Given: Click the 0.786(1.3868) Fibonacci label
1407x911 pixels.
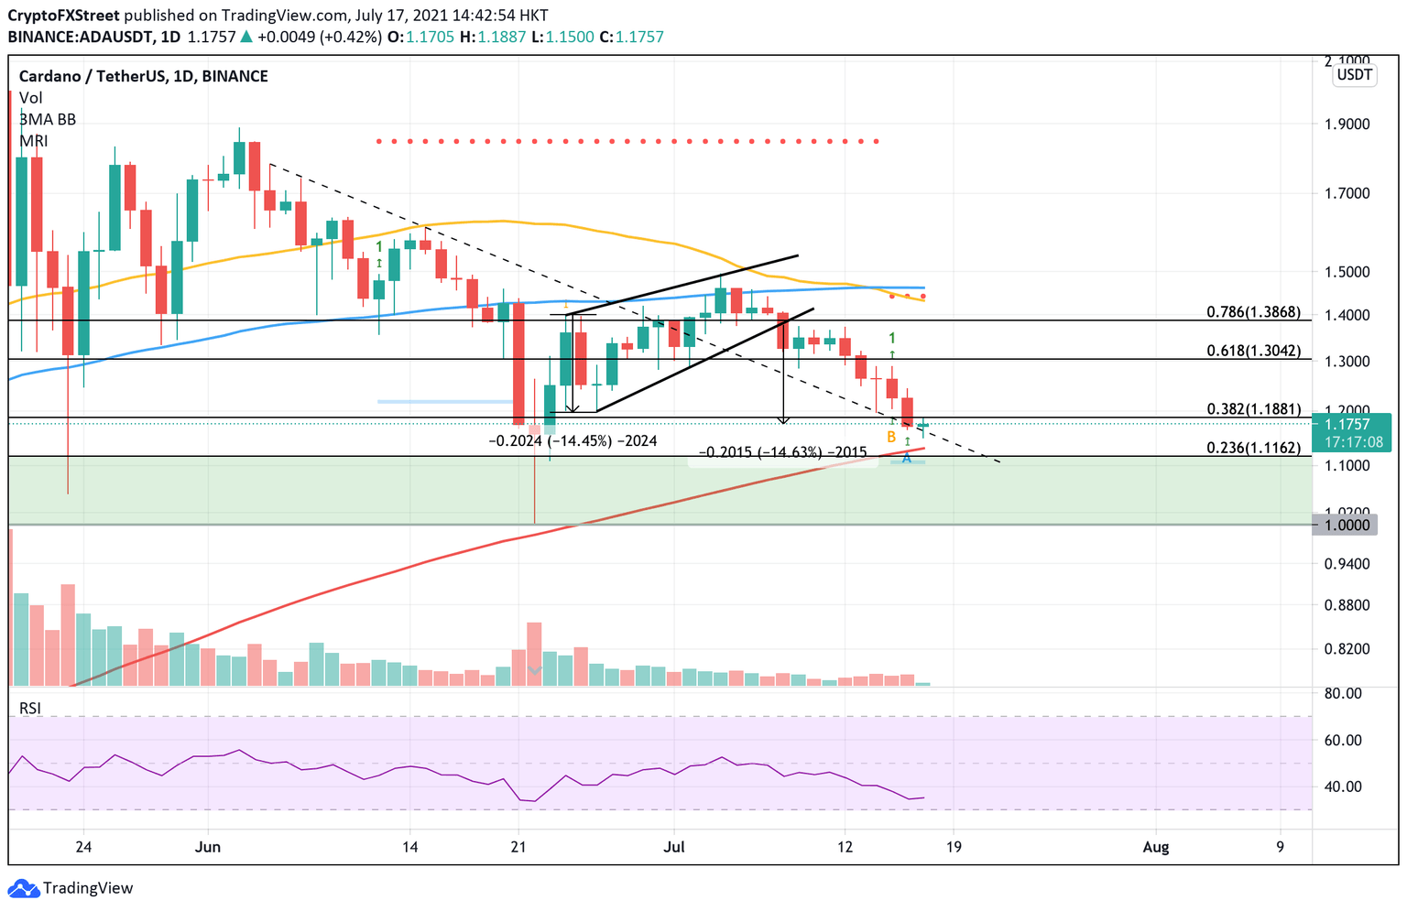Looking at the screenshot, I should click(1253, 312).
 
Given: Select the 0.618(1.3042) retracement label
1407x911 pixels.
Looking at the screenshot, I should click(1253, 351).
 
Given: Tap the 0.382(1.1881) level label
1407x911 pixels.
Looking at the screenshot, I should click(1253, 409).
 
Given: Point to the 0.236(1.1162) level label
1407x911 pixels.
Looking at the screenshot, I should click(1253, 448).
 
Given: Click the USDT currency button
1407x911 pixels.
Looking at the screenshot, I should click(1355, 74).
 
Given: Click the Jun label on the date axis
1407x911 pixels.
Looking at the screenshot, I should click(208, 847).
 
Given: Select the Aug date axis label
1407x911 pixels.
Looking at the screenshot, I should click(1156, 847).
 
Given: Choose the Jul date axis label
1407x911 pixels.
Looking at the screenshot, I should click(674, 847).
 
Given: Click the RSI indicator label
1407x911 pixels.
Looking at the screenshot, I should click(30, 708).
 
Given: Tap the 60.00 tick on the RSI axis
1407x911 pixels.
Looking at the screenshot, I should click(1343, 740).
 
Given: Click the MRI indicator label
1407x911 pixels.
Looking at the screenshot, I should click(33, 141).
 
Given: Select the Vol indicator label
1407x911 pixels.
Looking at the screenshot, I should click(30, 98).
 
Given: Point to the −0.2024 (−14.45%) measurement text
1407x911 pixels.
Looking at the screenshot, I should click(573, 440).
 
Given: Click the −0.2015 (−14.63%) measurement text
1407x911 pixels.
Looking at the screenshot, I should click(782, 452).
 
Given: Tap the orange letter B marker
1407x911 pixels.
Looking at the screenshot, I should click(891, 438).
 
